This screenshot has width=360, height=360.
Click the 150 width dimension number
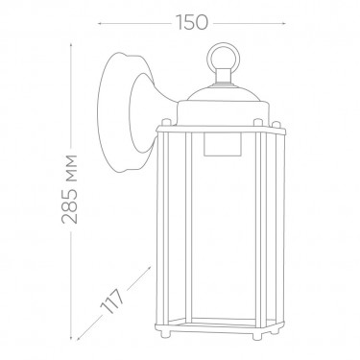coord(192,23)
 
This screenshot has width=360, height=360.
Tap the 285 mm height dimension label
coord(69,189)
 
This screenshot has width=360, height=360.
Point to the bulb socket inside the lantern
coord(222,145)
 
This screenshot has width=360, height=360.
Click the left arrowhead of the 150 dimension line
coord(99,23)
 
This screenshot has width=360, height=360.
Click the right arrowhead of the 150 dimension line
coord(283,23)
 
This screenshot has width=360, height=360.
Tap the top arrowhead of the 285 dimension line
coord(71,45)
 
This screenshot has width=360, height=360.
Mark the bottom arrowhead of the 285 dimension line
coord(71,338)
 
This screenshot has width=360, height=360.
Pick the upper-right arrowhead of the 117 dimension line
coord(149,268)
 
